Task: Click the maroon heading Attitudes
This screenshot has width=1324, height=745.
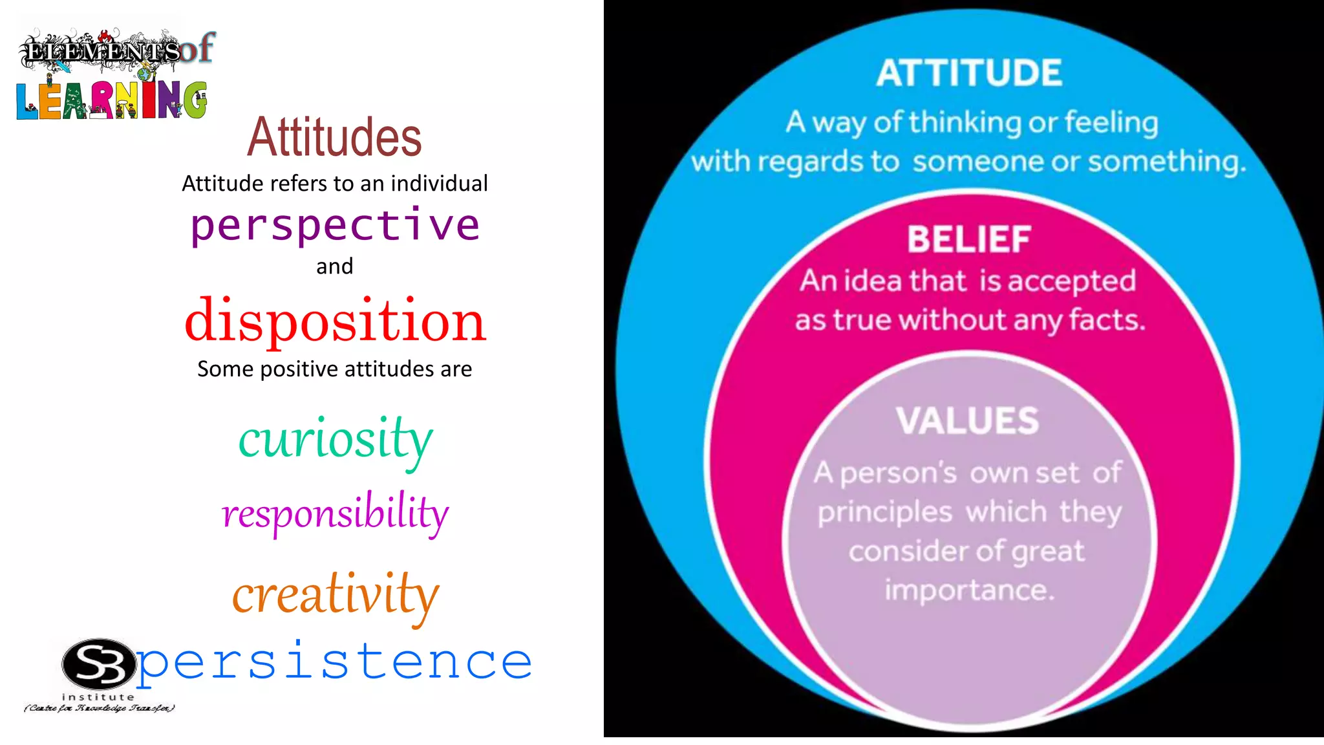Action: point(334,137)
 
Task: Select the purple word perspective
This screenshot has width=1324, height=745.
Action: point(335,226)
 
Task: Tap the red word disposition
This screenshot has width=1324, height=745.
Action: point(335,321)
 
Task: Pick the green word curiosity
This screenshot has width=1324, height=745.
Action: point(336,440)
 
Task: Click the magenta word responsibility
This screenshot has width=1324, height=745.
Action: point(335,513)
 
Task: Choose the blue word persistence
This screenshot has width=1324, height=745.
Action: point(334,662)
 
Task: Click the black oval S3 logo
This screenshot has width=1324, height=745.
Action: point(99,664)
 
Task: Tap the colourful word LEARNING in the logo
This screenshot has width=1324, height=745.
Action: point(111,100)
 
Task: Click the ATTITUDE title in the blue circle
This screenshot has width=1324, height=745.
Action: point(969,72)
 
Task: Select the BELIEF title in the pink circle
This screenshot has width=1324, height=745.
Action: point(968,239)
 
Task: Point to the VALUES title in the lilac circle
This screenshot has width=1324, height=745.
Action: point(967,420)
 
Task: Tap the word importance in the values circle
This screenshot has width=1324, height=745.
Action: point(969,590)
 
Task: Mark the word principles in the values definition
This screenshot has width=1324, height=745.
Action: point(884,513)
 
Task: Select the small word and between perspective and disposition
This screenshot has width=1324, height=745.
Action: point(334,266)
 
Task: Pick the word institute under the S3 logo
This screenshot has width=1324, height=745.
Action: point(98,697)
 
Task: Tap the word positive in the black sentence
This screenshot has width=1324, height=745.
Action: point(299,369)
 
